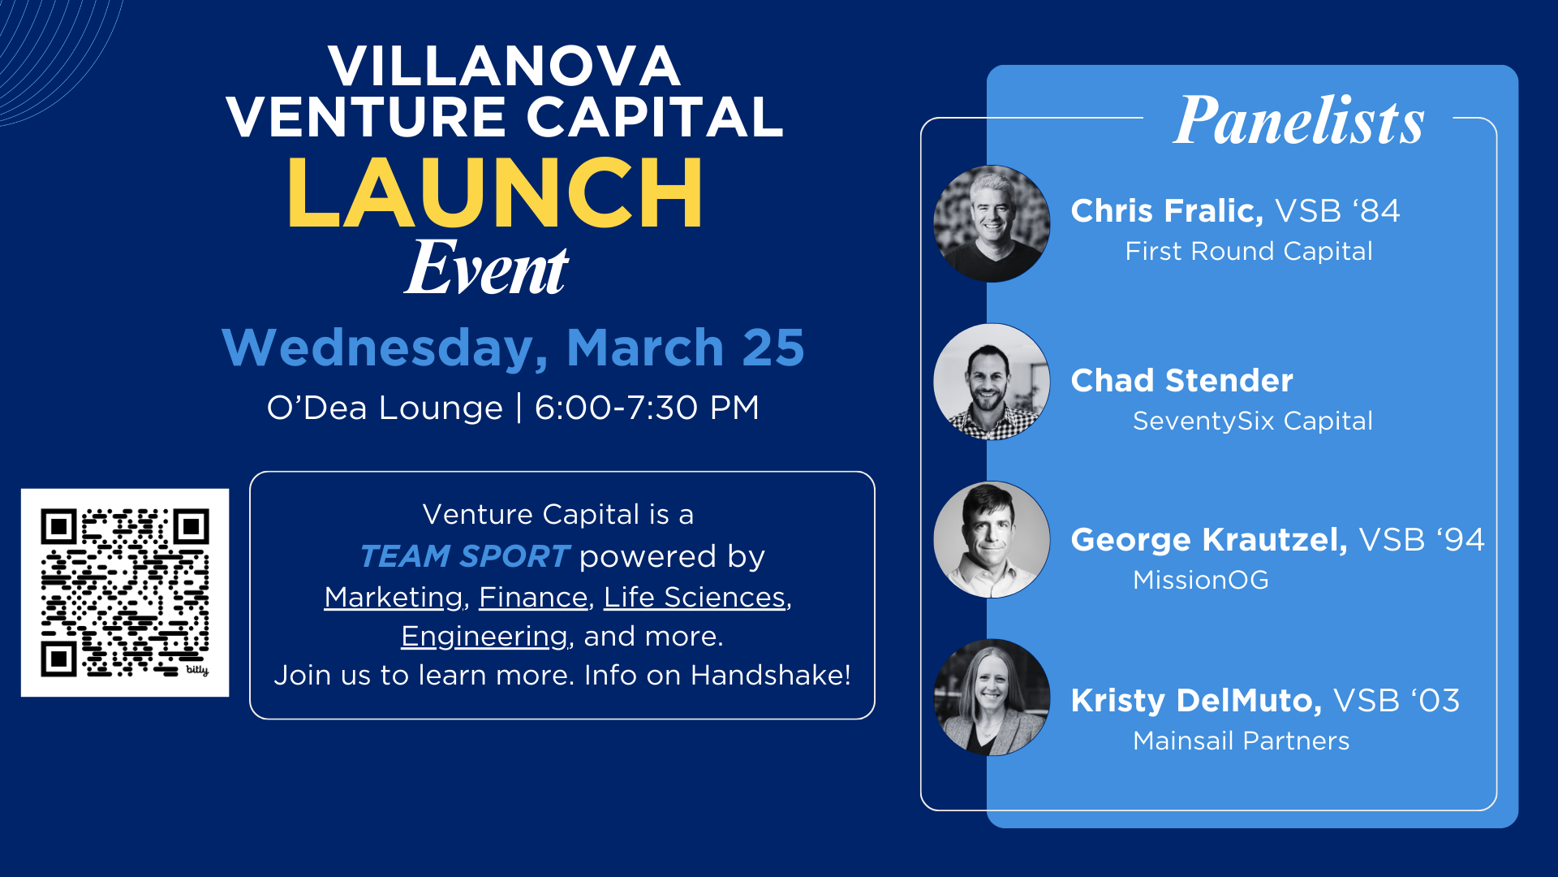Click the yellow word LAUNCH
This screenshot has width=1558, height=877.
click(x=495, y=193)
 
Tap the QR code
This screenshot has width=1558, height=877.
click(x=125, y=593)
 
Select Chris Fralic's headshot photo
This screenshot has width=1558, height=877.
click(x=992, y=224)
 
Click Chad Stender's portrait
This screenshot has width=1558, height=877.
click(x=992, y=382)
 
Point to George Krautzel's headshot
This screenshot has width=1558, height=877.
click(x=992, y=540)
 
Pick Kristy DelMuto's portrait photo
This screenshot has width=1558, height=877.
click(x=992, y=698)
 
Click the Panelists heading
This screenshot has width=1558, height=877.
click(x=1298, y=121)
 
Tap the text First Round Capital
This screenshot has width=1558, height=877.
click(x=1249, y=252)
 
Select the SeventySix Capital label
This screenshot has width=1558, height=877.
click(x=1252, y=421)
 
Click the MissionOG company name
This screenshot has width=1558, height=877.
click(x=1200, y=580)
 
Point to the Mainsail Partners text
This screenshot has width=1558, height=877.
click(x=1241, y=741)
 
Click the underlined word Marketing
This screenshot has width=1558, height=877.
click(x=394, y=597)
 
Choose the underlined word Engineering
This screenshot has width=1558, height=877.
click(x=484, y=636)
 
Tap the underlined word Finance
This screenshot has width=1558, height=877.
click(x=533, y=597)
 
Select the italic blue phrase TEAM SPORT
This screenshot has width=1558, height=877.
click(x=464, y=556)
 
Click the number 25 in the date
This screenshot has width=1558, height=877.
click(x=773, y=348)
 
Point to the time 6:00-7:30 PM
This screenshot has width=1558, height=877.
click(x=647, y=408)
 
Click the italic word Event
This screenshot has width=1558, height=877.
click(x=487, y=269)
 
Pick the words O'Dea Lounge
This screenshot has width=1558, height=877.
click(x=385, y=408)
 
